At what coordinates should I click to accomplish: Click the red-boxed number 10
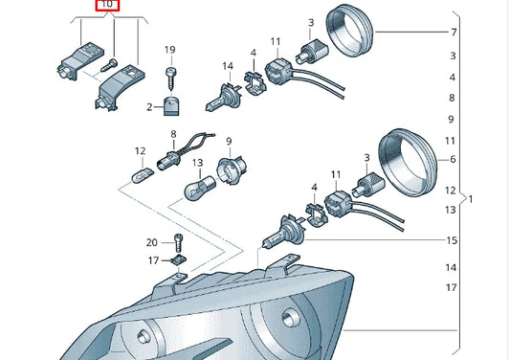pyautogui.click(x=106, y=6)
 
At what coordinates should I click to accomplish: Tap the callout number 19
pyautogui.click(x=169, y=50)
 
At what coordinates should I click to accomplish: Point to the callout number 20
pyautogui.click(x=151, y=242)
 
